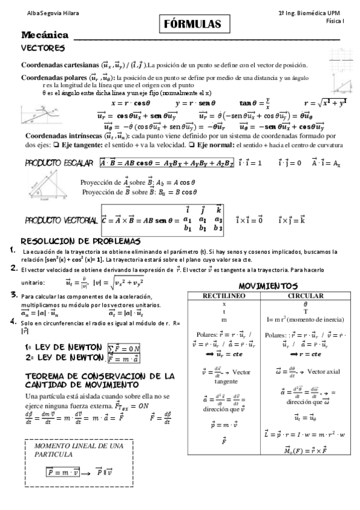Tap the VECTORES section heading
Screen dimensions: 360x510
click(x=43, y=48)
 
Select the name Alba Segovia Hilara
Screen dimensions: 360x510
click(x=35, y=13)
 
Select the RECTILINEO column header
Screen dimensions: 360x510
click(x=224, y=296)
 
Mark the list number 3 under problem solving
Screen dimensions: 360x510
click(x=13, y=295)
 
